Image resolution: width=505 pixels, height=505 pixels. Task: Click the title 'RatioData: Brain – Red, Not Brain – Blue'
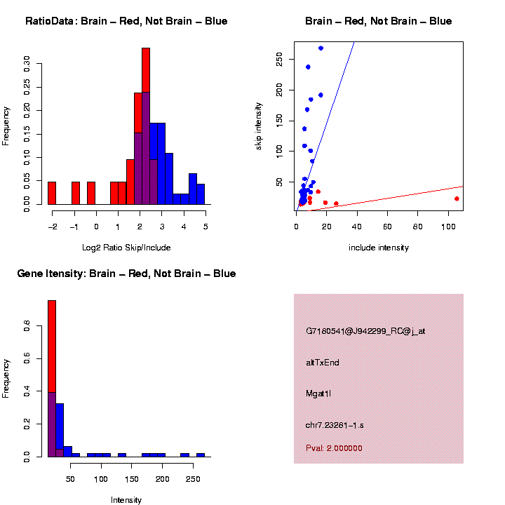coord(126,21)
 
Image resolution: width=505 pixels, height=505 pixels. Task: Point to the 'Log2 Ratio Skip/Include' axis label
coord(128,248)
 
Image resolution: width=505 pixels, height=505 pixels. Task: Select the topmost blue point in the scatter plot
coord(321,48)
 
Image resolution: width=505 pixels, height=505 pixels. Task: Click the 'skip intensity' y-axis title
coord(259,126)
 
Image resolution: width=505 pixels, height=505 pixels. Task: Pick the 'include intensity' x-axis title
coord(379,248)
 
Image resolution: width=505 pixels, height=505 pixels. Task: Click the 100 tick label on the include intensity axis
coord(448,227)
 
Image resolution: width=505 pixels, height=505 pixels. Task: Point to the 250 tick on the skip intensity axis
coord(279,60)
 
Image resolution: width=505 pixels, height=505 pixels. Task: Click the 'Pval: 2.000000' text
coord(334,448)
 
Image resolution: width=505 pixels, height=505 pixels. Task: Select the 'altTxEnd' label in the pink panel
coord(323,363)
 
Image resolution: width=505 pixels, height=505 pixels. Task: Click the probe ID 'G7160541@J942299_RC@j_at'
coord(365,331)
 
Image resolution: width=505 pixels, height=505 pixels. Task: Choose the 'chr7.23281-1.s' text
coord(335,425)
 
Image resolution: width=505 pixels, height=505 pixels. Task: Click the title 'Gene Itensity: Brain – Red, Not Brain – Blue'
coord(126,274)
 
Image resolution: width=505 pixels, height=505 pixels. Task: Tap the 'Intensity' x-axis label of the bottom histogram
coord(126,500)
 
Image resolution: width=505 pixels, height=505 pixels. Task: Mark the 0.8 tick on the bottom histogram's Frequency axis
coord(27,326)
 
